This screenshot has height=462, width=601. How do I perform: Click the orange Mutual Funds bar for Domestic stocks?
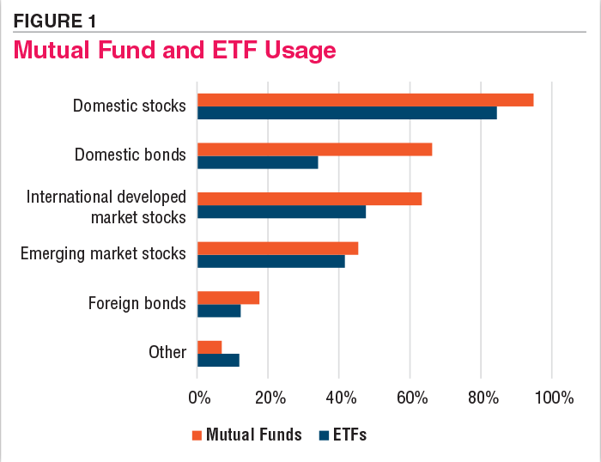(365, 100)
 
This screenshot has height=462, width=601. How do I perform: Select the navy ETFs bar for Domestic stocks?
(347, 112)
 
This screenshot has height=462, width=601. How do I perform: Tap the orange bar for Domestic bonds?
(314, 149)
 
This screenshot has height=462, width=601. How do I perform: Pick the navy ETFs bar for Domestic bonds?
(258, 162)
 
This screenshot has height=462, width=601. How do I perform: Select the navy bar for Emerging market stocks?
(270, 261)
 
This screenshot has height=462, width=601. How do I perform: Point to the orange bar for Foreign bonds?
(228, 298)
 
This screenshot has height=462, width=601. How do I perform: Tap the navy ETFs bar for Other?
(218, 360)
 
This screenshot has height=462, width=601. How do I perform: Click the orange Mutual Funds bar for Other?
(209, 347)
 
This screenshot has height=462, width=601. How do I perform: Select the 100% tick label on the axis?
(550, 398)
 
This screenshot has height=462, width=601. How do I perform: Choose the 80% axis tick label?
(481, 398)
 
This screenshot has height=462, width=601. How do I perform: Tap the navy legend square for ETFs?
(324, 435)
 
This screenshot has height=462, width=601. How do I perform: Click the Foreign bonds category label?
(137, 303)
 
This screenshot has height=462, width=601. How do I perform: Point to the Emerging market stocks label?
(103, 253)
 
